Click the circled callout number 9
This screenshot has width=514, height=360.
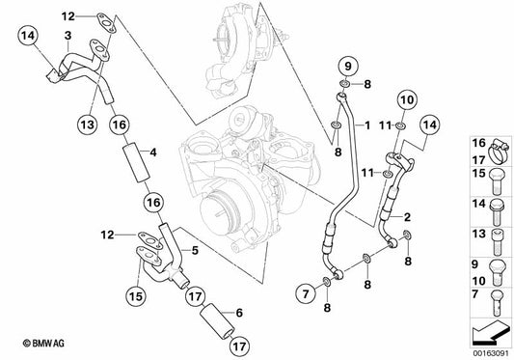348,67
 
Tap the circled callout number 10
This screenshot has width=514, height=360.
408,99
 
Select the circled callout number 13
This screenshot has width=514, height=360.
88,125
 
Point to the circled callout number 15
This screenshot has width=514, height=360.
136,296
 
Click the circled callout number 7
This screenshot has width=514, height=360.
306,293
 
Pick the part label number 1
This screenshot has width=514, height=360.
367,125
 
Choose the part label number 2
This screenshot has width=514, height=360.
407,217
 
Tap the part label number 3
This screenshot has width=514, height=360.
68,36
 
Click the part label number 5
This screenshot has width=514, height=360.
195,251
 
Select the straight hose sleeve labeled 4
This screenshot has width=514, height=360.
136,164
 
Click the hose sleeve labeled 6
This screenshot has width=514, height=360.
217,319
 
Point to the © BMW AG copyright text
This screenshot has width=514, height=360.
43,344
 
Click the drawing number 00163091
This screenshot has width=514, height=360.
491,354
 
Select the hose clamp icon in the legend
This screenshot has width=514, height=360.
500,152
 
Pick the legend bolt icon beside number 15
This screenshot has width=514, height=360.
497,181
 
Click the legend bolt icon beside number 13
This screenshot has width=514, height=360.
498,242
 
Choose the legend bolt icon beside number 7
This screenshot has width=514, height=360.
498,303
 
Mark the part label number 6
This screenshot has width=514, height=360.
239,313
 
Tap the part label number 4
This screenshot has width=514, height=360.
153,152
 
